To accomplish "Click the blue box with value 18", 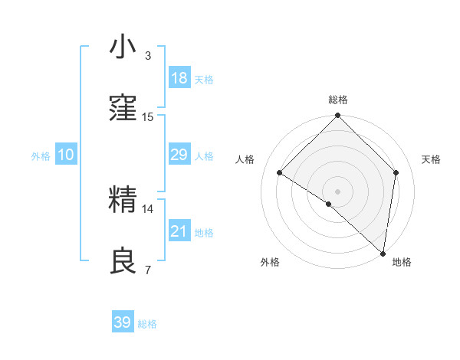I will tap(179, 78).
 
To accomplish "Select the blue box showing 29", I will tap(179, 155).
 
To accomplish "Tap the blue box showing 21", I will tap(179, 231).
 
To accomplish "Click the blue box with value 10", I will tap(66, 155).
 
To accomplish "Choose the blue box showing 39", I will tap(123, 322).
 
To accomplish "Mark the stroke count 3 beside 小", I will tap(148, 56).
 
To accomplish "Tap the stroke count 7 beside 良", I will tap(148, 270).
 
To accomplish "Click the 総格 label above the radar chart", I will tap(338, 100).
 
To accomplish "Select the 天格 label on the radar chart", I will tap(431, 159).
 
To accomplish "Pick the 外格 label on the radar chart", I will tap(269, 262).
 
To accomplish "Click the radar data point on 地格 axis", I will tap(383, 254).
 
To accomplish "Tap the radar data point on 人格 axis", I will tap(280, 172).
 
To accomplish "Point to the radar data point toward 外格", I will tap(329, 204).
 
